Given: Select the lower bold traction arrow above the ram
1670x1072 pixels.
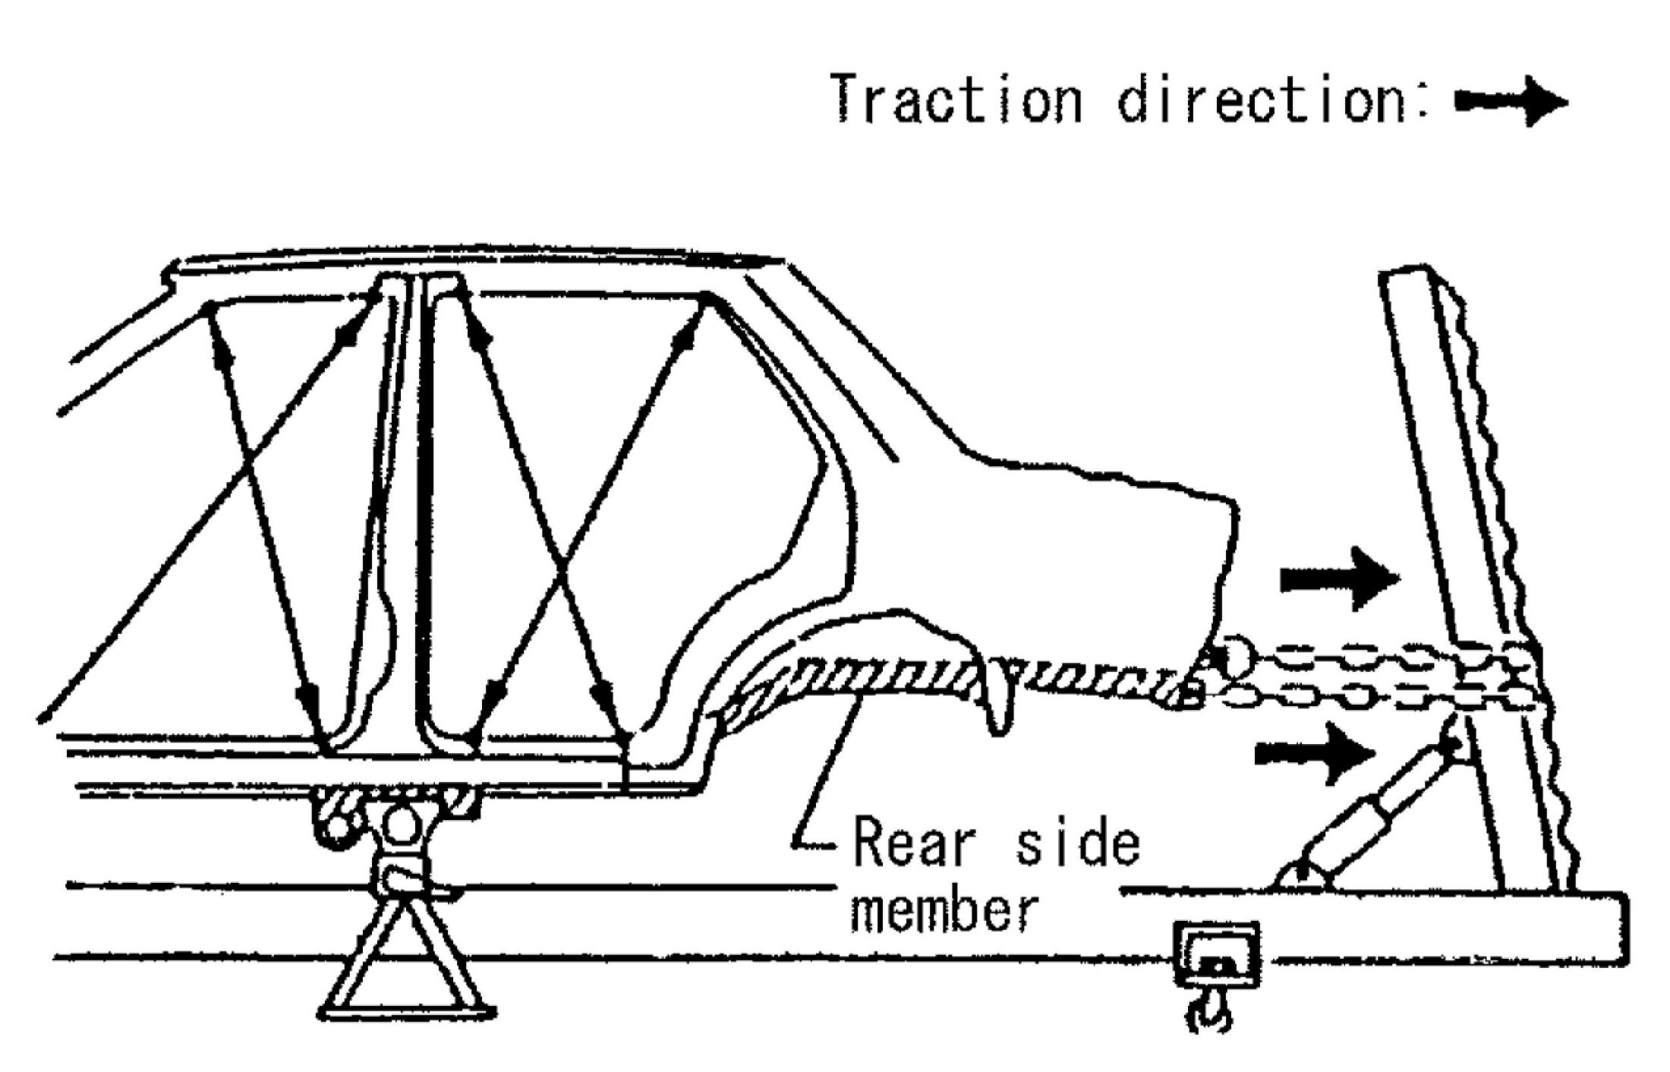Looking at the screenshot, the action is [1314, 752].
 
